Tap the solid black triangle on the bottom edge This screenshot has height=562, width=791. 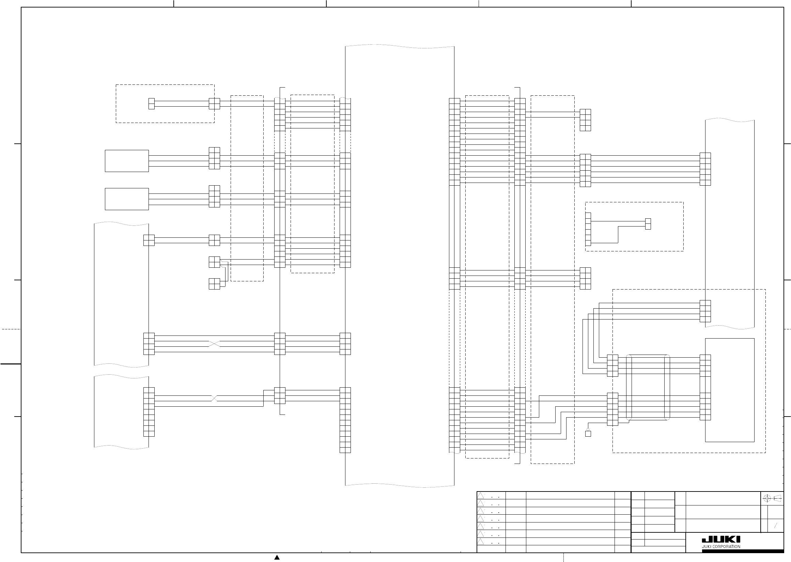tap(277, 557)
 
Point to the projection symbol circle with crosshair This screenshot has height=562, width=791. tap(767, 499)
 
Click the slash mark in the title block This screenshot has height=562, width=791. tap(775, 525)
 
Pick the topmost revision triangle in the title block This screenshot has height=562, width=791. tap(480, 496)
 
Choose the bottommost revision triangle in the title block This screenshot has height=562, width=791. tap(480, 541)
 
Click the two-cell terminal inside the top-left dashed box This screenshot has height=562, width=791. tap(151, 104)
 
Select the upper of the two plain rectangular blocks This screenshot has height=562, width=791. tap(127, 161)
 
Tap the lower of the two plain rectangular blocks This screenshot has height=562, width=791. tap(127, 199)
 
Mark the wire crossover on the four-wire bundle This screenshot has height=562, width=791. tap(214, 344)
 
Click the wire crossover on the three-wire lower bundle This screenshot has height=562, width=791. tap(214, 398)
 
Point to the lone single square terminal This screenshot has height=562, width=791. tap(588, 434)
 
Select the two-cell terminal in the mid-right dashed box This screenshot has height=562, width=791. tap(648, 224)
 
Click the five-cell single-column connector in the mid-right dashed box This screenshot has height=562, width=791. tap(588, 230)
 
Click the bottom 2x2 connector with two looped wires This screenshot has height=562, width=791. tap(214, 284)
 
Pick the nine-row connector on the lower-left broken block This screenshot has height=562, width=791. tap(149, 412)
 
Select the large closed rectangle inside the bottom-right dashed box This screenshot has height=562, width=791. tap(730, 390)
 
